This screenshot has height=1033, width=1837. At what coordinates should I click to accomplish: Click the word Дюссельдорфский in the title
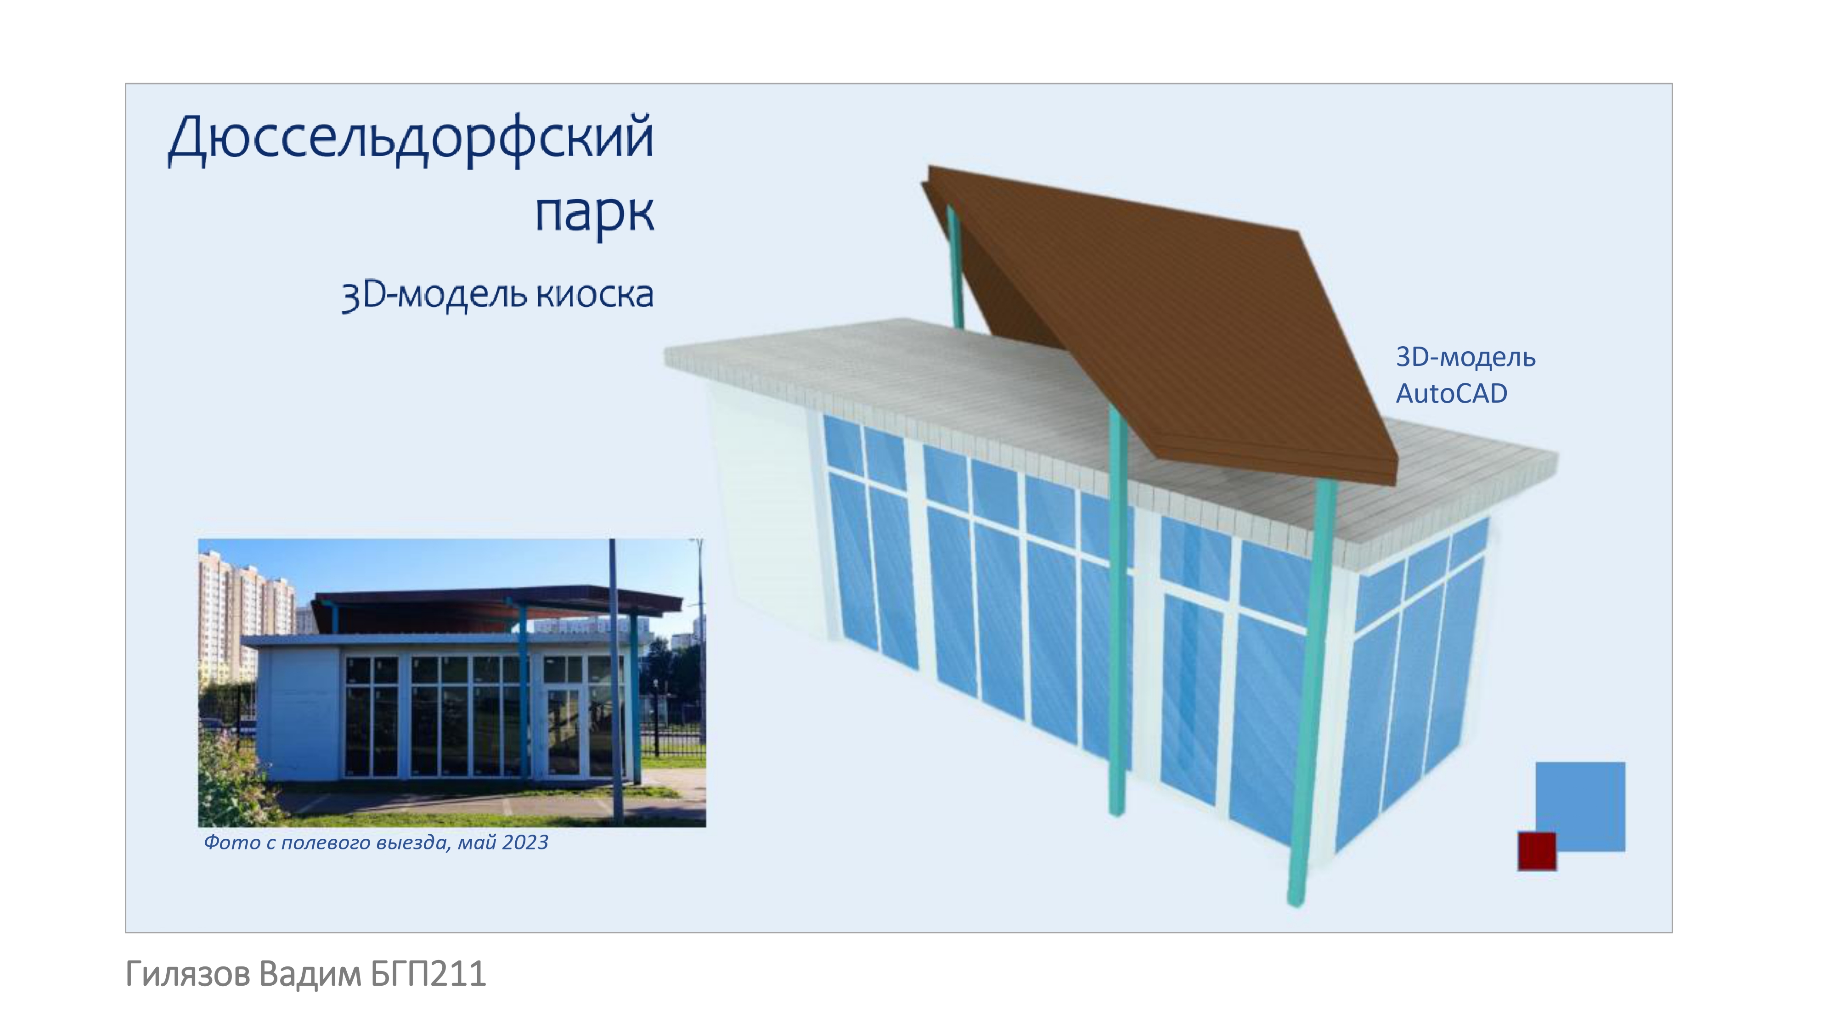pos(411,139)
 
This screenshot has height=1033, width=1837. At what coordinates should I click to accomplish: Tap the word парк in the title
pos(594,213)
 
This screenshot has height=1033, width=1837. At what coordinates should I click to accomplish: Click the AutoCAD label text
pos(1451,393)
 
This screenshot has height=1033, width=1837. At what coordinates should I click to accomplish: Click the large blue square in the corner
pos(1580,806)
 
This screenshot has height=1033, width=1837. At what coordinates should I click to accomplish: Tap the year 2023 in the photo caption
pos(525,842)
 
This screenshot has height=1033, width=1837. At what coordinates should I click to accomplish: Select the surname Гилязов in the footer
pos(187,974)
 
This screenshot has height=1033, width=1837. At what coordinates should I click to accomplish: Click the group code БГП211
pos(428,974)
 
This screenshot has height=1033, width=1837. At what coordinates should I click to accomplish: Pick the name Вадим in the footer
pos(310,974)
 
